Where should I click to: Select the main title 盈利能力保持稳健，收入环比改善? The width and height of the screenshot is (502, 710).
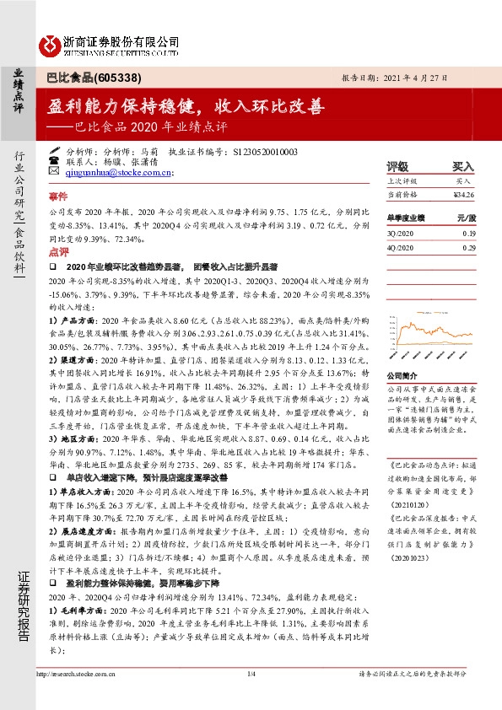click(186, 109)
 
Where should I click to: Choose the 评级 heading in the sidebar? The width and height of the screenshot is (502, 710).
click(397, 167)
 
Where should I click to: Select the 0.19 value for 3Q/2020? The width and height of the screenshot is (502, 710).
click(469, 232)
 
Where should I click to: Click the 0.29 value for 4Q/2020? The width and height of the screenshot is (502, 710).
click(469, 248)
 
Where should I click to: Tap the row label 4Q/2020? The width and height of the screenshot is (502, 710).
click(400, 248)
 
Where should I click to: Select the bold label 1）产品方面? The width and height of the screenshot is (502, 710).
click(68, 321)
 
